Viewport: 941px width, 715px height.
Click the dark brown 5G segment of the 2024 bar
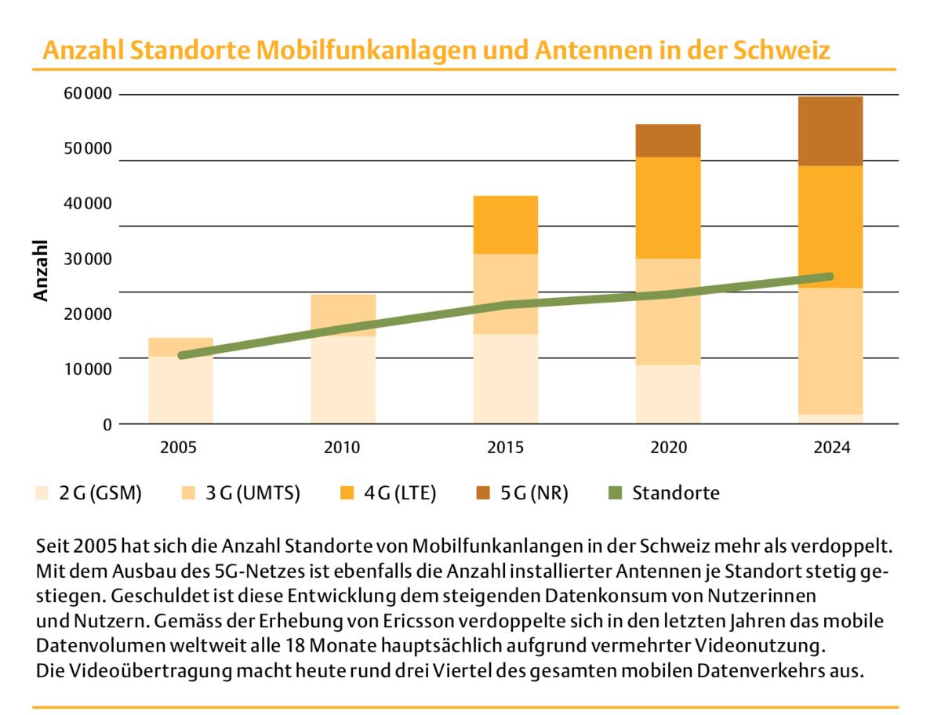pos(830,131)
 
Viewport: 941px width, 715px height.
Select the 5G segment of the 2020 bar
pos(668,140)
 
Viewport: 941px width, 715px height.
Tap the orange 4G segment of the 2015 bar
pos(505,224)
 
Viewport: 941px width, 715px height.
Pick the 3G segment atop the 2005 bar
pos(180,347)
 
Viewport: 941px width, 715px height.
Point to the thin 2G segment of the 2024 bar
pos(830,419)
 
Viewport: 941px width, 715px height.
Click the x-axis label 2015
pos(505,448)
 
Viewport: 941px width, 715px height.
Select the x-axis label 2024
pos(830,448)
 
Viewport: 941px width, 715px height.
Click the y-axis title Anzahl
pos(42,270)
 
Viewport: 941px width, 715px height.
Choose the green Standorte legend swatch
pos(616,493)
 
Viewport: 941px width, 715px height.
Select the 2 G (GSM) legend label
pos(100,493)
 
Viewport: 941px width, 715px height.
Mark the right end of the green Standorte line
pos(830,276)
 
